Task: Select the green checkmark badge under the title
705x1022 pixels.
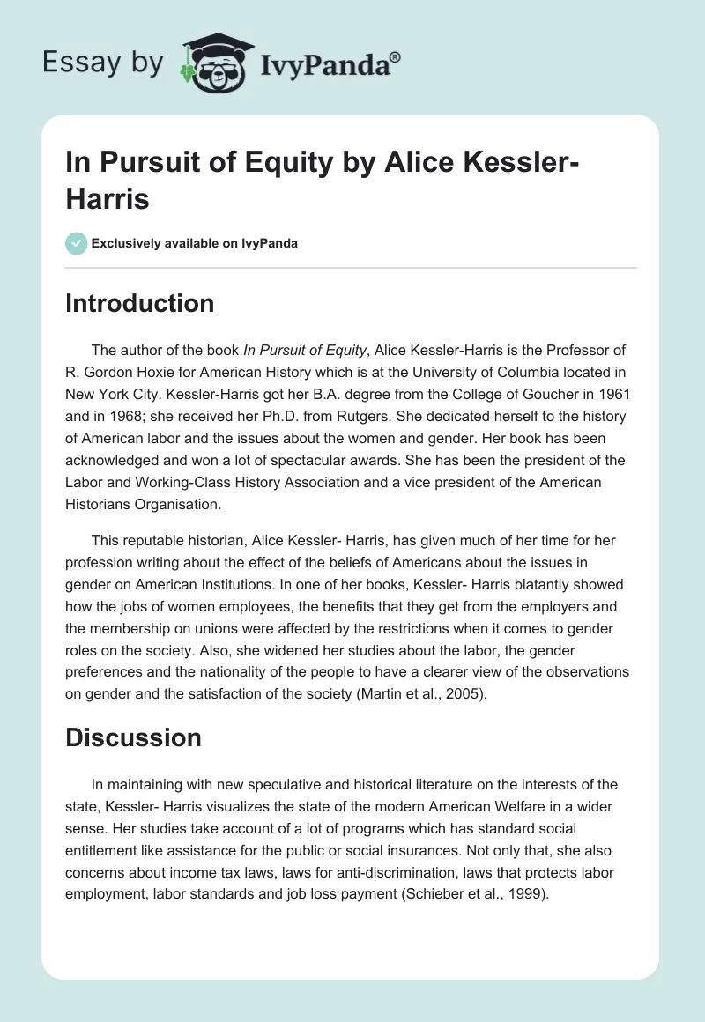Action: tap(77, 243)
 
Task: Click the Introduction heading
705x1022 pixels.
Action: tap(139, 303)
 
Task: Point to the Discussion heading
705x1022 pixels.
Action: tap(133, 737)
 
